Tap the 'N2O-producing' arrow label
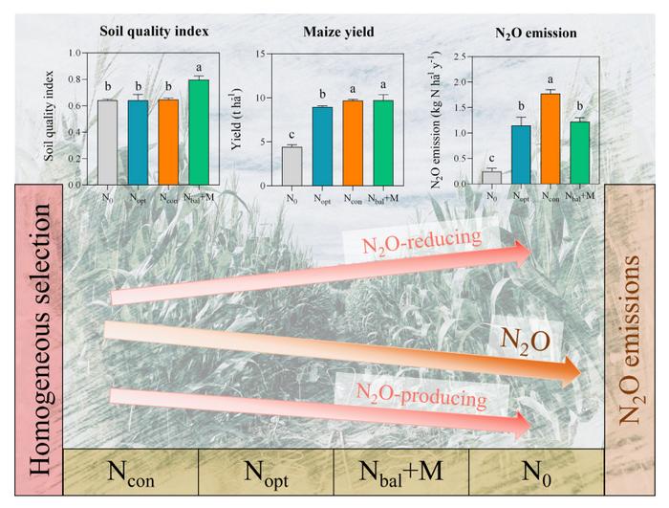(410, 392)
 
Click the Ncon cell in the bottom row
(130, 473)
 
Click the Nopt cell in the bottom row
(266, 473)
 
